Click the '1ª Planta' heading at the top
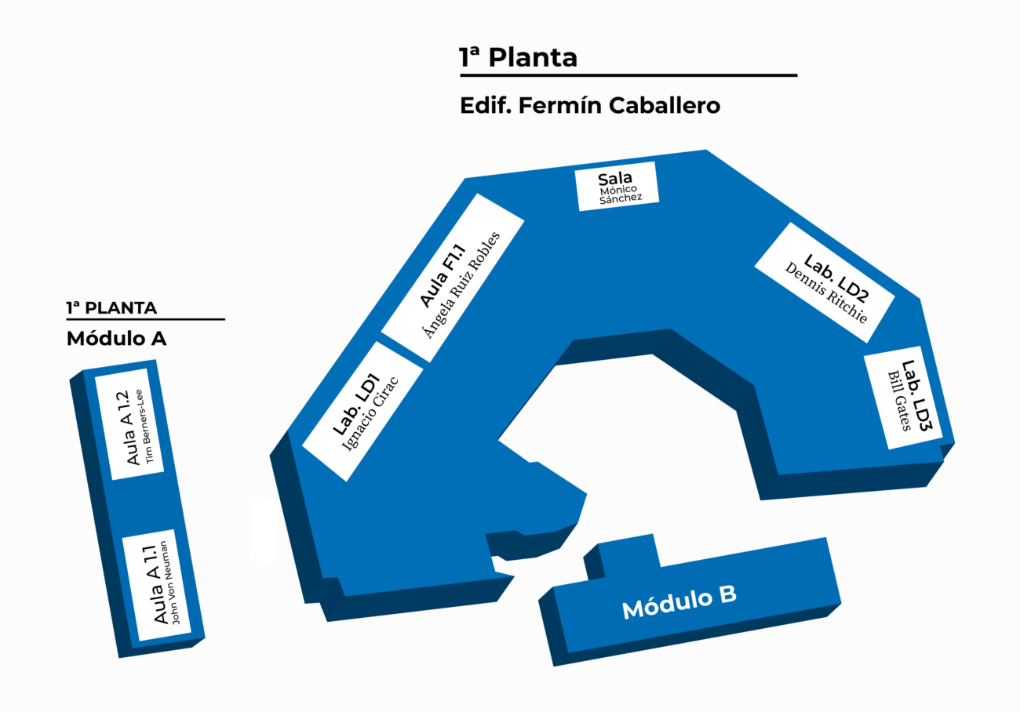pyautogui.click(x=518, y=57)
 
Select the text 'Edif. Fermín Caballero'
pyautogui.click(x=589, y=105)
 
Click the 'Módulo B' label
pyautogui.click(x=679, y=602)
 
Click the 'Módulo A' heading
pyautogui.click(x=116, y=339)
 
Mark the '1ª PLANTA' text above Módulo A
pyautogui.click(x=111, y=307)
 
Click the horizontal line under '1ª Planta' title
pyautogui.click(x=628, y=75)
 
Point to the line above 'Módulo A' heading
pyautogui.click(x=145, y=319)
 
